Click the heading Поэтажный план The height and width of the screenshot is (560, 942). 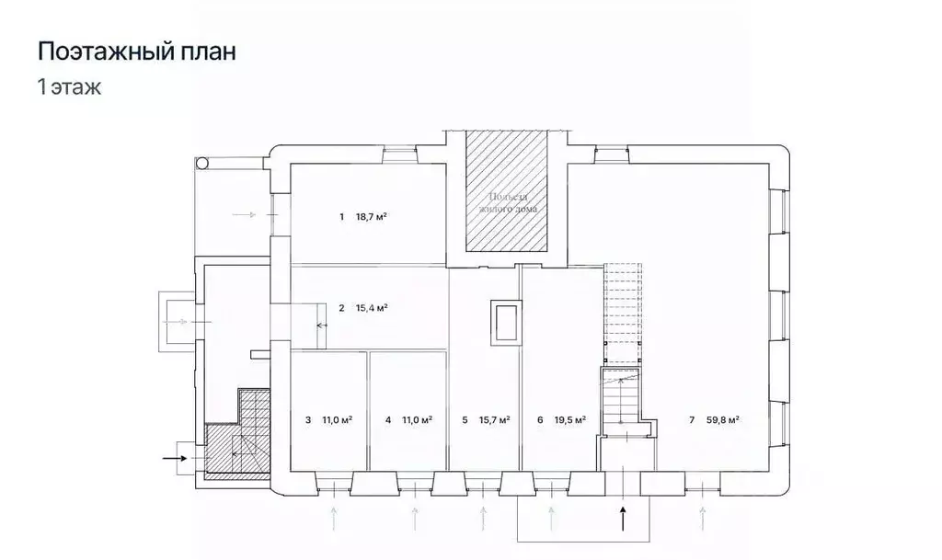click(136, 51)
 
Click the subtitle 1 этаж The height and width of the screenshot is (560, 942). click(69, 89)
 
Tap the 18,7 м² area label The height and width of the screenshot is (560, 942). click(371, 217)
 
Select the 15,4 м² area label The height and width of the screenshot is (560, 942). click(371, 308)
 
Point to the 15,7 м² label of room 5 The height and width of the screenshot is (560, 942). click(493, 420)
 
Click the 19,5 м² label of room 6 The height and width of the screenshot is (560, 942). click(570, 420)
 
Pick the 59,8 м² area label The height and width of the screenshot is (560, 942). click(724, 420)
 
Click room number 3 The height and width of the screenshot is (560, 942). click(307, 420)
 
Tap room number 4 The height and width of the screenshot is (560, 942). click(388, 420)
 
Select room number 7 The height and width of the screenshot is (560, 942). click(692, 420)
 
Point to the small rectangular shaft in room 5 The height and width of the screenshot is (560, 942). click(505, 322)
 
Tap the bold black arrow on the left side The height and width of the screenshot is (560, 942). click(174, 455)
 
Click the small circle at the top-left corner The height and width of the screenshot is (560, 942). click(202, 163)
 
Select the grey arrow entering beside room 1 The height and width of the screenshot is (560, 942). click(247, 214)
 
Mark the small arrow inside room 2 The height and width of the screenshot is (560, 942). click(322, 326)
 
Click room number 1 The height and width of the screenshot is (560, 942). click(340, 217)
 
